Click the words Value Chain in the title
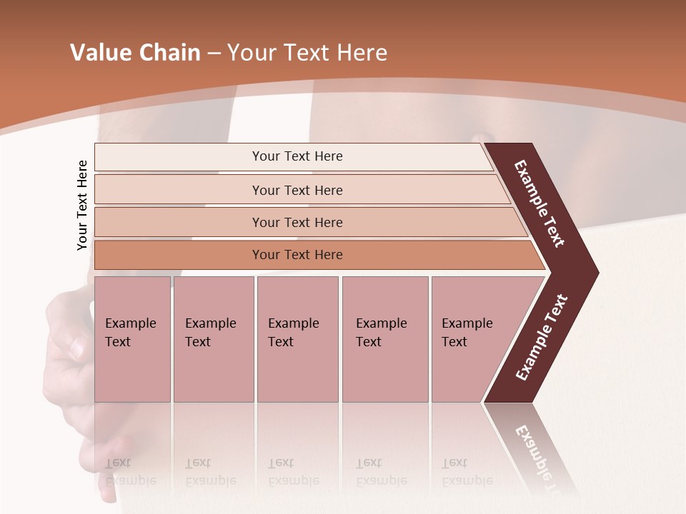click(x=135, y=53)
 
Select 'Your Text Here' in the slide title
click(x=307, y=53)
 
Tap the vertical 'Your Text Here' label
click(x=82, y=205)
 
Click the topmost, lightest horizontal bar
click(x=297, y=156)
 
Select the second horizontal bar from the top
click(x=297, y=190)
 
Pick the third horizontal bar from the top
click(x=297, y=222)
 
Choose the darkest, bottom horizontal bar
click(x=297, y=255)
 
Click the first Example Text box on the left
click(x=132, y=339)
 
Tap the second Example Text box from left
click(x=213, y=339)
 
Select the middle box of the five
click(x=297, y=339)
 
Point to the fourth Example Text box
click(x=384, y=339)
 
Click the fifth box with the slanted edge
click(x=472, y=339)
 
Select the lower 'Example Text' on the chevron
click(x=541, y=338)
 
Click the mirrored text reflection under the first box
click(x=130, y=471)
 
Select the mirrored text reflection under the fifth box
click(x=467, y=471)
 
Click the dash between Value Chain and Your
click(x=214, y=54)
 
